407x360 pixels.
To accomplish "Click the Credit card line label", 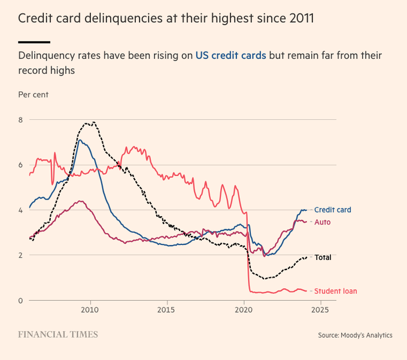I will pos(332,210).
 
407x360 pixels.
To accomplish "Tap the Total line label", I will pos(323,258).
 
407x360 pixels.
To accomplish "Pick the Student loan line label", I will pos(335,291).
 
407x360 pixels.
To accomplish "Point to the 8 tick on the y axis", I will pos(20,120).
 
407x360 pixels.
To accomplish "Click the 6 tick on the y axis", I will pos(20,165).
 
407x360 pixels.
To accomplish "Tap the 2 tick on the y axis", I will pos(20,255).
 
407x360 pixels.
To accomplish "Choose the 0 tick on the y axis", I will pos(20,300).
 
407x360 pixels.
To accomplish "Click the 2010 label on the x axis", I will pos(90,311).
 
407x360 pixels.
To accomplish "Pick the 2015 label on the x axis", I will pos(167,311).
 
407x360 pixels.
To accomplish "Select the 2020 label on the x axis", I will pos(244,311).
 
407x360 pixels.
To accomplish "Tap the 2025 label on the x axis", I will pos(320,311).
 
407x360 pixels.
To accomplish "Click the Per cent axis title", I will pos(34,95).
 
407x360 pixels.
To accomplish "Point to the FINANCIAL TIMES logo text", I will pos(58,334).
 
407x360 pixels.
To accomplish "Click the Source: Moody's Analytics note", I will pos(355,335).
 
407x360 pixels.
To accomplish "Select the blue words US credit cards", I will pos(230,56).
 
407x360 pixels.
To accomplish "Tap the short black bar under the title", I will pos(34,42).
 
